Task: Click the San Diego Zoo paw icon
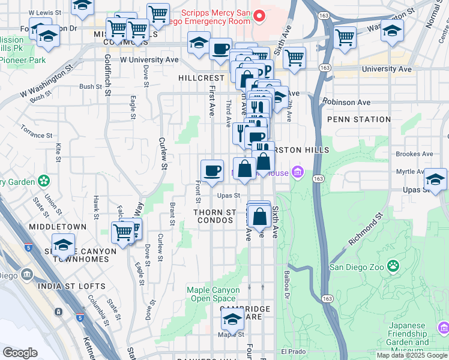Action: coord(393,265)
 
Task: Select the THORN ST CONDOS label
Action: coord(214,217)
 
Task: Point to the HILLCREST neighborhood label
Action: coord(199,79)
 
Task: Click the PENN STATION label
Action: coord(359,120)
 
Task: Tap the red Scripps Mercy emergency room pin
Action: coord(259,16)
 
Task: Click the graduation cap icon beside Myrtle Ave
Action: coord(435,179)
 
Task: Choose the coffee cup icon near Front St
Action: coord(212,171)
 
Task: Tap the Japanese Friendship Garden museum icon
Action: coord(443,328)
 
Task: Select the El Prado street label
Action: coord(293,352)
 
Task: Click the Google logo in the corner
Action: coord(20,353)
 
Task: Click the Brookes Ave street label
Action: coord(414,154)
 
